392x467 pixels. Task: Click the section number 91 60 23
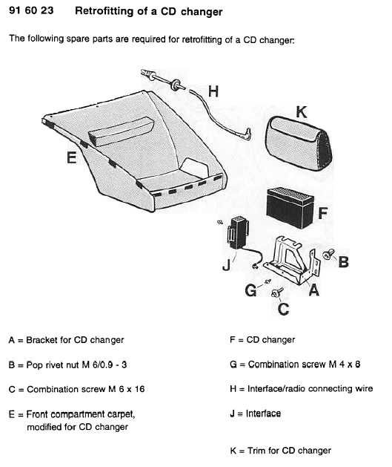click(31, 10)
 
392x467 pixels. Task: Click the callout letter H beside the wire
click(213, 91)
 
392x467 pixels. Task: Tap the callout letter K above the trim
click(302, 112)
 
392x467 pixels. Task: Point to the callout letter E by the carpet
click(71, 157)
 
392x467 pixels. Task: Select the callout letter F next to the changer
click(323, 213)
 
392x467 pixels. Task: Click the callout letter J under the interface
click(227, 265)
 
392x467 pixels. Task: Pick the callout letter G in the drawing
click(250, 290)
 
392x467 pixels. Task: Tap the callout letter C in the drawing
click(283, 309)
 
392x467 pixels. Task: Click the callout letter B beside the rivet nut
click(344, 262)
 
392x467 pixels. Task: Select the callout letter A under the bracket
click(314, 290)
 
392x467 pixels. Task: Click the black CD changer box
click(290, 208)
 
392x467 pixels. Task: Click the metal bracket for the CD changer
click(293, 260)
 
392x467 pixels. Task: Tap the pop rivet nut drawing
click(328, 255)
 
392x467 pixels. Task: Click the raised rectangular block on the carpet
click(121, 131)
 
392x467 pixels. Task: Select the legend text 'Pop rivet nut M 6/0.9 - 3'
click(76, 365)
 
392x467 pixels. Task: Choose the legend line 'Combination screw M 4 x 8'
click(304, 365)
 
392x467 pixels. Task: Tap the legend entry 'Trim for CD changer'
click(289, 451)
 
